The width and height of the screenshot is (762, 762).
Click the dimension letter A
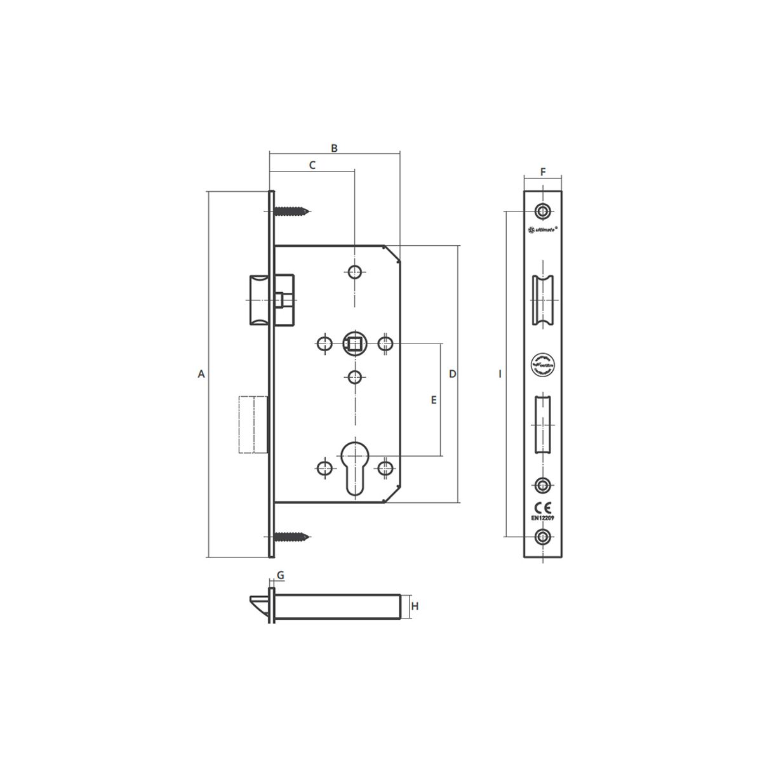click(x=201, y=374)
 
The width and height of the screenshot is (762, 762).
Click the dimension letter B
click(x=335, y=148)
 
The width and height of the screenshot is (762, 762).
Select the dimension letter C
click(x=312, y=165)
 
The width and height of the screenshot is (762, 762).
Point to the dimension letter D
click(x=452, y=373)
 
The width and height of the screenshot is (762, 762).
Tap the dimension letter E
click(x=434, y=400)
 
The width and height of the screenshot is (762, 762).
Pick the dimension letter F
click(x=543, y=171)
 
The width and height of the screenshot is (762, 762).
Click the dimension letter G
click(x=280, y=575)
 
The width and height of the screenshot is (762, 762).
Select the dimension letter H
click(x=415, y=606)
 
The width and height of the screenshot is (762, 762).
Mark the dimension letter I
click(x=500, y=374)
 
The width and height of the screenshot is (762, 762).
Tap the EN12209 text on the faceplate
click(x=543, y=518)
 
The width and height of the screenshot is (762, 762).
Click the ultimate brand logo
click(x=543, y=231)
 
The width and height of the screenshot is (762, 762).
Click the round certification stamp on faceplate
click(x=542, y=366)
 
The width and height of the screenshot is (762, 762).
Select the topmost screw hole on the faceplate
click(x=542, y=210)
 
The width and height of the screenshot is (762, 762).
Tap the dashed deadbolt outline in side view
click(x=252, y=424)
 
